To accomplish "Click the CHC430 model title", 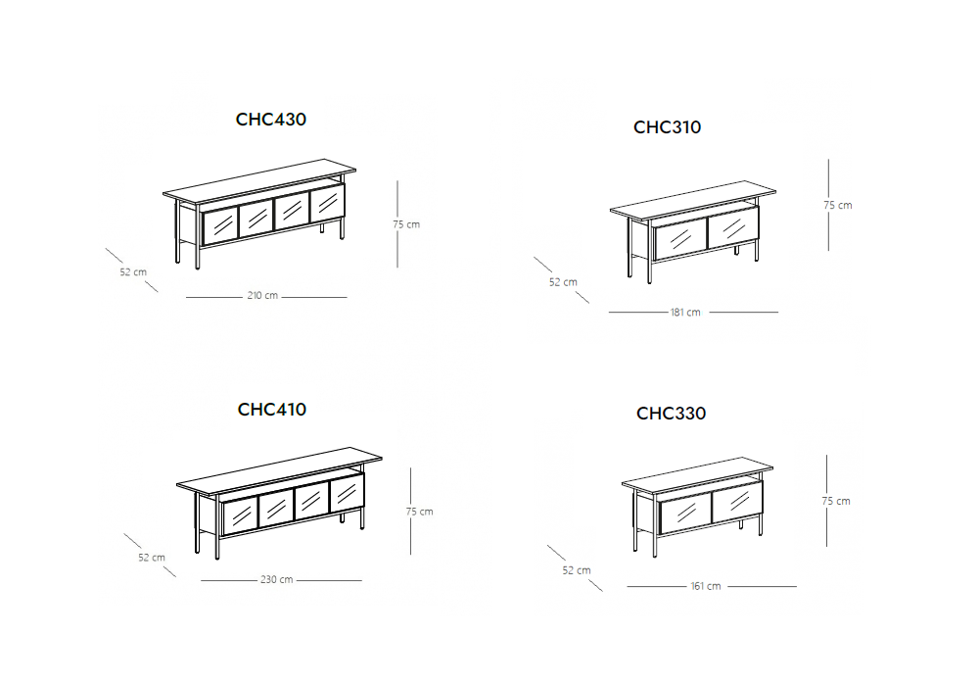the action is (x=271, y=120).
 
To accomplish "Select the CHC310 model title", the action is (x=667, y=126).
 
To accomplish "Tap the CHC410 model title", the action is (x=271, y=410).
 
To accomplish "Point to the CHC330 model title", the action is (x=671, y=413).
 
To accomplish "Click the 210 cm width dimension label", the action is (x=262, y=296).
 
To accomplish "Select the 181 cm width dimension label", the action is (x=685, y=313).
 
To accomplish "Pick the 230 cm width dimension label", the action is (x=277, y=580).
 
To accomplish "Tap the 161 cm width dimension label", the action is (x=706, y=587).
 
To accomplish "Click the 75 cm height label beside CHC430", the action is (x=406, y=224).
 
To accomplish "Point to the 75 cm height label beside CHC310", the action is (x=837, y=205).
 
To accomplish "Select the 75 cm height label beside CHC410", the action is (x=420, y=512).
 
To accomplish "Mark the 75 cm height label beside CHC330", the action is (x=836, y=501).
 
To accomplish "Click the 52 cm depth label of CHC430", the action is (x=133, y=272).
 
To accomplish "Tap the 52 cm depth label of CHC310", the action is (x=563, y=282).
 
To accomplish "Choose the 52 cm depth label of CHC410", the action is (x=152, y=558).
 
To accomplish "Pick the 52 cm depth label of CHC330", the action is (x=577, y=570).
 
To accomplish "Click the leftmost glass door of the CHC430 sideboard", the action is (x=220, y=224).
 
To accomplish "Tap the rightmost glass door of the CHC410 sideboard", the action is (x=347, y=493).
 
